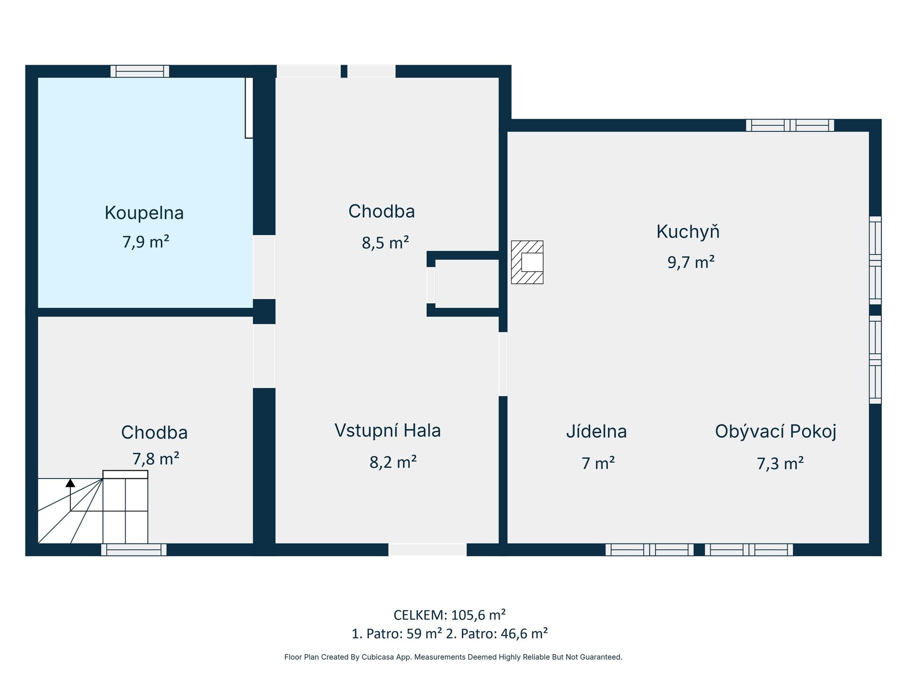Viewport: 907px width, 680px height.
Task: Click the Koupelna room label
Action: click(x=144, y=213)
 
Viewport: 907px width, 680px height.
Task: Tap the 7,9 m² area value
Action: click(x=146, y=242)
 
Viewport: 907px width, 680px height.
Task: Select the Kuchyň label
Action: click(x=688, y=231)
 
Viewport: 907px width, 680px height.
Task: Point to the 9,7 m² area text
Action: click(x=691, y=262)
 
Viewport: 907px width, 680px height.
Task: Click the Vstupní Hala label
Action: click(x=388, y=430)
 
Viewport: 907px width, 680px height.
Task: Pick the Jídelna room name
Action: click(x=597, y=431)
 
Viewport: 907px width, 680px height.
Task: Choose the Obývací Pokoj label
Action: click(x=776, y=432)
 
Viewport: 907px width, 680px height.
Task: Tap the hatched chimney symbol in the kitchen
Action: click(x=527, y=262)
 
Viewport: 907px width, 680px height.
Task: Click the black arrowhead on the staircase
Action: click(x=70, y=483)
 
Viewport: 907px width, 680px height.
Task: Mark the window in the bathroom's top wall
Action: click(x=140, y=71)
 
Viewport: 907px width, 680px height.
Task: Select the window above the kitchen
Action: click(x=790, y=125)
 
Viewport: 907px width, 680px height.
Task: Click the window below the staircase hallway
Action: click(x=134, y=550)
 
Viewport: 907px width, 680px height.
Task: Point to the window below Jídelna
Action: click(x=650, y=550)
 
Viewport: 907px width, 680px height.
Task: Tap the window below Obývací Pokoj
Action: click(x=749, y=550)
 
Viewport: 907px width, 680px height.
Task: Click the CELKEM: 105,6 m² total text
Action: click(x=450, y=615)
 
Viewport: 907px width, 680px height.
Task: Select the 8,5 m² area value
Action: click(x=385, y=243)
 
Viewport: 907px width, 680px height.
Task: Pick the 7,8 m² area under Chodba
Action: click(x=156, y=459)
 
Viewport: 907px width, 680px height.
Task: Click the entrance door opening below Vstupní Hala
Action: click(x=428, y=550)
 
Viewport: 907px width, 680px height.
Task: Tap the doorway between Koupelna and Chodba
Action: click(x=264, y=267)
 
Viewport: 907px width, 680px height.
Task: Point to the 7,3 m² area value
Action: click(x=780, y=463)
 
